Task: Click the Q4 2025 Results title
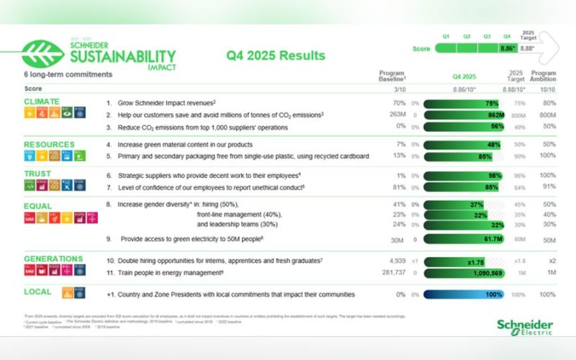pos(276,55)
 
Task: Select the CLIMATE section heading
pos(41,102)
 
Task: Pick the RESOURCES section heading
pos(49,144)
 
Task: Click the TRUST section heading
pos(37,174)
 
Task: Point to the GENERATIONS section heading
pos(53,258)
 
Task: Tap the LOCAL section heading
pos(37,292)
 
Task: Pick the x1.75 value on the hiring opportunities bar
pos(475,261)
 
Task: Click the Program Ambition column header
pos(543,76)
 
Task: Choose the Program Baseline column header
pos(393,76)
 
